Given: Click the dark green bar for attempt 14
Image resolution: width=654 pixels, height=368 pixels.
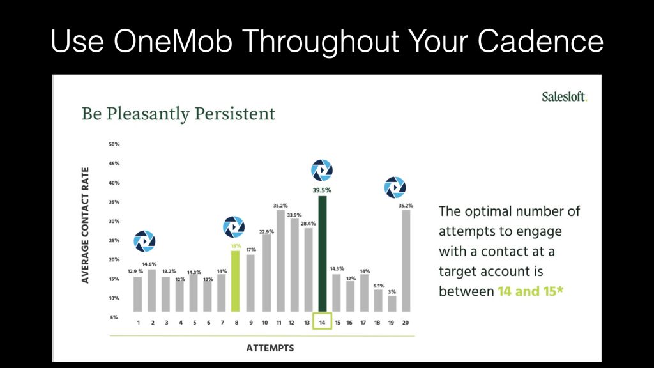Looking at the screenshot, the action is (x=322, y=254).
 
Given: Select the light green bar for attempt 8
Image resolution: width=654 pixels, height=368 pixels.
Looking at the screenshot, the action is (x=235, y=281).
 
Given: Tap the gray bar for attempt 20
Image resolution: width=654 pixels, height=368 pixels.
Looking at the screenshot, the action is (x=406, y=261).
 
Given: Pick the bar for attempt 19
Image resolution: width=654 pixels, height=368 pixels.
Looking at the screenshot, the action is (x=392, y=303).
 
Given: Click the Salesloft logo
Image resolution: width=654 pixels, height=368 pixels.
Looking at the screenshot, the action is (x=565, y=97).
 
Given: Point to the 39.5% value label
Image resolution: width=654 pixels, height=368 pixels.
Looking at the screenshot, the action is (x=322, y=190).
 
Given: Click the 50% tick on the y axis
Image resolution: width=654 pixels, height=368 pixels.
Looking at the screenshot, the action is (x=114, y=144).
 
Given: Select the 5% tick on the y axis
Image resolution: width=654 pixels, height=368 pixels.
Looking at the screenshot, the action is (x=114, y=318).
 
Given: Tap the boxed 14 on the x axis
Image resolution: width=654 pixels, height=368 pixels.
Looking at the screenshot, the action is (x=322, y=321).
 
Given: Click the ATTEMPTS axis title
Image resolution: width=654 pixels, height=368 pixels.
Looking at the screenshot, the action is (x=270, y=348).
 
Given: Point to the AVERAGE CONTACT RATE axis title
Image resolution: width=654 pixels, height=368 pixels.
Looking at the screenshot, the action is (x=85, y=226).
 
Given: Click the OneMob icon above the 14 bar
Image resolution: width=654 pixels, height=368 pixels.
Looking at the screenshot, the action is (x=322, y=170).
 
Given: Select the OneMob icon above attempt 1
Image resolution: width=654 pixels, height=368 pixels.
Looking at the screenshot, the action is (x=145, y=241).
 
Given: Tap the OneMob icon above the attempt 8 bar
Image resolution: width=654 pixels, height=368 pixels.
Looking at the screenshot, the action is (x=234, y=227).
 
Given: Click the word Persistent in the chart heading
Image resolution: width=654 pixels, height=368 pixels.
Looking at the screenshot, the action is (x=235, y=114).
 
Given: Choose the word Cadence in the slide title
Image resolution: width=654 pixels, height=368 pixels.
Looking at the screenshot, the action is (x=540, y=42).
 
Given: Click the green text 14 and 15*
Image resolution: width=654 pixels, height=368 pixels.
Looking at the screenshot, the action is (x=531, y=291).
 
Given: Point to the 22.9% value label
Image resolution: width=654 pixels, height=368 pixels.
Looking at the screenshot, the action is (x=266, y=231).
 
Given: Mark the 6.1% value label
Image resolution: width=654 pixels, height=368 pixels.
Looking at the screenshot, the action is (x=379, y=286).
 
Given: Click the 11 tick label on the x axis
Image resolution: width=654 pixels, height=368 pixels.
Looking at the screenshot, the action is (x=278, y=323).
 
